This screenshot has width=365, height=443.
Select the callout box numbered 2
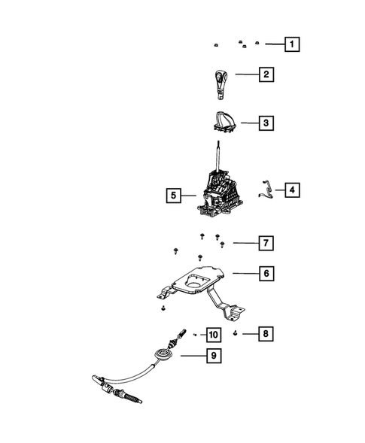coord(265,74)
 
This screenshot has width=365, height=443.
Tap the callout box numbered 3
coord(265,121)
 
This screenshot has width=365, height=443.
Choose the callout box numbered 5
coord(173,196)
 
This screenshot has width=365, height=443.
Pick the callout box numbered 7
coord(265,243)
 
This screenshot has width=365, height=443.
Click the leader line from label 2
coord(246,74)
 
